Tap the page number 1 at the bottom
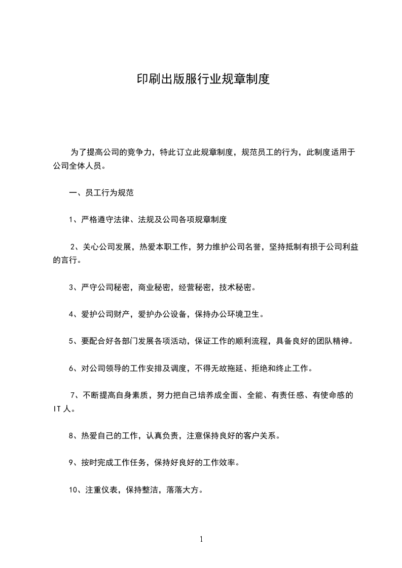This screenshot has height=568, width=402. (x=201, y=539)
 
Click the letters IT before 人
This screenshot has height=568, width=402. (x=57, y=409)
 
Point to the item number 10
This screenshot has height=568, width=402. (x=74, y=490)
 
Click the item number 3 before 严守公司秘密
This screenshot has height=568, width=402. (x=71, y=288)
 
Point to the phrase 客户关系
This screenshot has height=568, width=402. (x=260, y=436)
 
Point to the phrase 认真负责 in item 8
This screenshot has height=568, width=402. (x=164, y=436)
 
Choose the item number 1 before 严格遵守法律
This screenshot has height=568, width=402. (x=71, y=220)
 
